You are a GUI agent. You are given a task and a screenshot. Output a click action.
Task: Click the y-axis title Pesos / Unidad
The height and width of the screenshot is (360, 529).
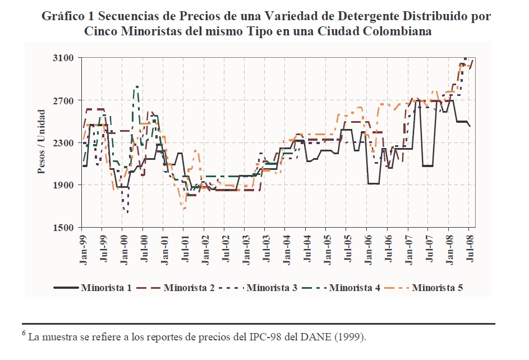pyautogui.click(x=42, y=143)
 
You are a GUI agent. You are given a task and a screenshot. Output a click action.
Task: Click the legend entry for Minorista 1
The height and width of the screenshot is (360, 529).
pyautogui.click(x=106, y=288)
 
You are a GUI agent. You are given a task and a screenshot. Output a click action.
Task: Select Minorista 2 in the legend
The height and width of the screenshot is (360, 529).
pyautogui.click(x=189, y=288)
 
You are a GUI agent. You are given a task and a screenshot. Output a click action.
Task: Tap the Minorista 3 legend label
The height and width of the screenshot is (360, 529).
pyautogui.click(x=272, y=288)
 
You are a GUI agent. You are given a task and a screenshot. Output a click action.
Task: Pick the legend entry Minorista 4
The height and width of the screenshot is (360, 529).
pyautogui.click(x=355, y=288)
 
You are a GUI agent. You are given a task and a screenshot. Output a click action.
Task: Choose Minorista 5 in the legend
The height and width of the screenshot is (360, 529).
pyautogui.click(x=437, y=288)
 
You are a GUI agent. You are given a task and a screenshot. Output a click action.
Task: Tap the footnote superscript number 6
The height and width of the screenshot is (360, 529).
pyautogui.click(x=24, y=334)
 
